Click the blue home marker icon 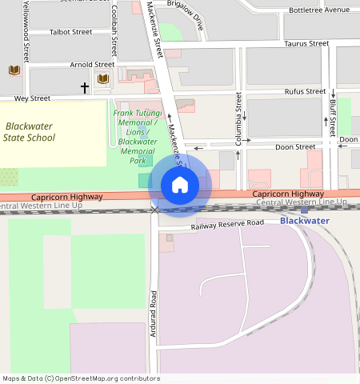(180, 186)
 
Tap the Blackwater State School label (30, 132)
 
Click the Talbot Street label (70, 33)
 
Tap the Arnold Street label (92, 64)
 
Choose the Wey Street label (33, 98)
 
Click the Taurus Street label (306, 44)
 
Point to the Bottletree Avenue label (319, 10)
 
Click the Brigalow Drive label (185, 14)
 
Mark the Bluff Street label (332, 117)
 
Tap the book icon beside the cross (102, 78)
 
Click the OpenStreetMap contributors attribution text (81, 378)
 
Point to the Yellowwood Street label (26, 30)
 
